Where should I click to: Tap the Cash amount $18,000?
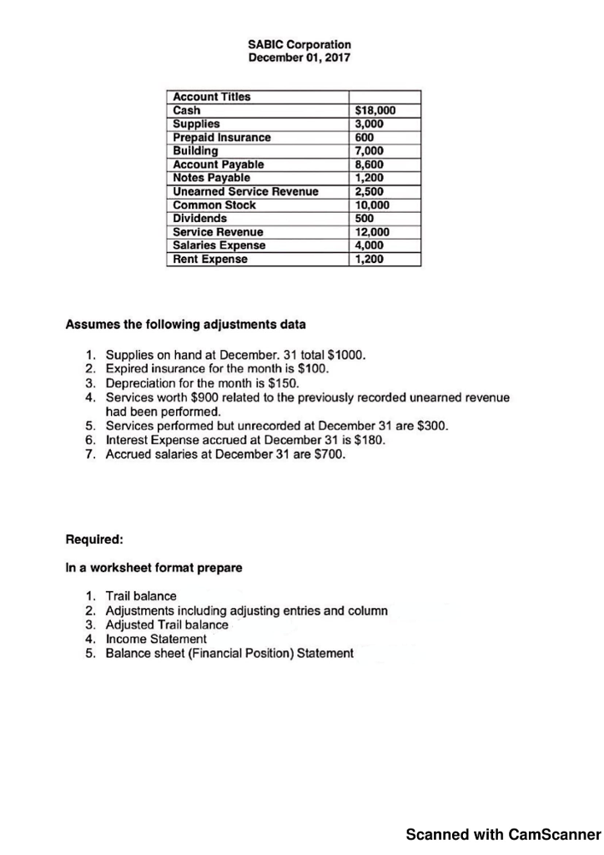375,110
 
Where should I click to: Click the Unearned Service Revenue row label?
245,192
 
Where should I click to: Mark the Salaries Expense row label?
219,245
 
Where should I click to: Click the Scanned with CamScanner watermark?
503,833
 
